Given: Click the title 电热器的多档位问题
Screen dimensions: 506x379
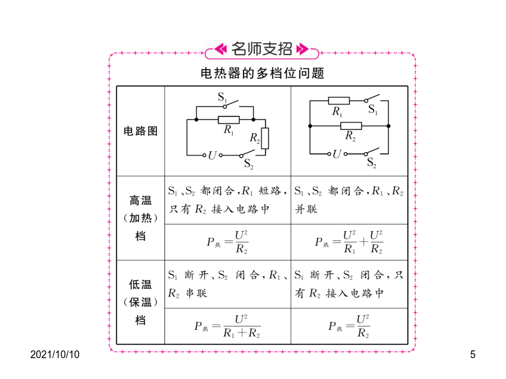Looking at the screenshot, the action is point(262,73).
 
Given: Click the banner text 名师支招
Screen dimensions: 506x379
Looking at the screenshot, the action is point(261,49).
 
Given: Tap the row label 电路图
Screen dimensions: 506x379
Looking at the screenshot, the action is point(141,131).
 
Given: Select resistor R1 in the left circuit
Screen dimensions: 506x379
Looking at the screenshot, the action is point(229,120).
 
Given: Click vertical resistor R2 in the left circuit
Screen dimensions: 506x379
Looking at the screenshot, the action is point(265,138).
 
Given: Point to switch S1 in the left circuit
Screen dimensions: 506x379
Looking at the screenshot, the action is point(231,104).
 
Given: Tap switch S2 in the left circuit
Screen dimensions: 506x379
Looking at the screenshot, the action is point(248,153).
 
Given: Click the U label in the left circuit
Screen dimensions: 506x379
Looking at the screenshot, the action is point(212,156).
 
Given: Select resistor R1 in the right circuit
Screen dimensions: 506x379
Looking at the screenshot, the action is point(339,101).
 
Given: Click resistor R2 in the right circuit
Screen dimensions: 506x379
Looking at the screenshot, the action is point(351,126).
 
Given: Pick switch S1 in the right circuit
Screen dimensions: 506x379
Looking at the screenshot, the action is point(372,98).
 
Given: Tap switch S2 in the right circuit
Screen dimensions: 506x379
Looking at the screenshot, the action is point(372,152).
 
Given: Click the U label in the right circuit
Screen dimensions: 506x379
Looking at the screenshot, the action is point(337,154).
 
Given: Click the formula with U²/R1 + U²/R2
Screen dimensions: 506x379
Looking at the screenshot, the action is point(349,242).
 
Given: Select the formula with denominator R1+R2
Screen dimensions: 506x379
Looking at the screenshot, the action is point(227,326).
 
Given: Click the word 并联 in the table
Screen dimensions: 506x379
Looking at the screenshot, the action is point(306,209).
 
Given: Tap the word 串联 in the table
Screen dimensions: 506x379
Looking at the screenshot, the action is point(197,293).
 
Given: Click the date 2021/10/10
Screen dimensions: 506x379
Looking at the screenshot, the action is point(55,354).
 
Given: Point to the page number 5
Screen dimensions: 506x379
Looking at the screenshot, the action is point(473,354).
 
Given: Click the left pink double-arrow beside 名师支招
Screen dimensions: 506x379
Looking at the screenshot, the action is point(221,49).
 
